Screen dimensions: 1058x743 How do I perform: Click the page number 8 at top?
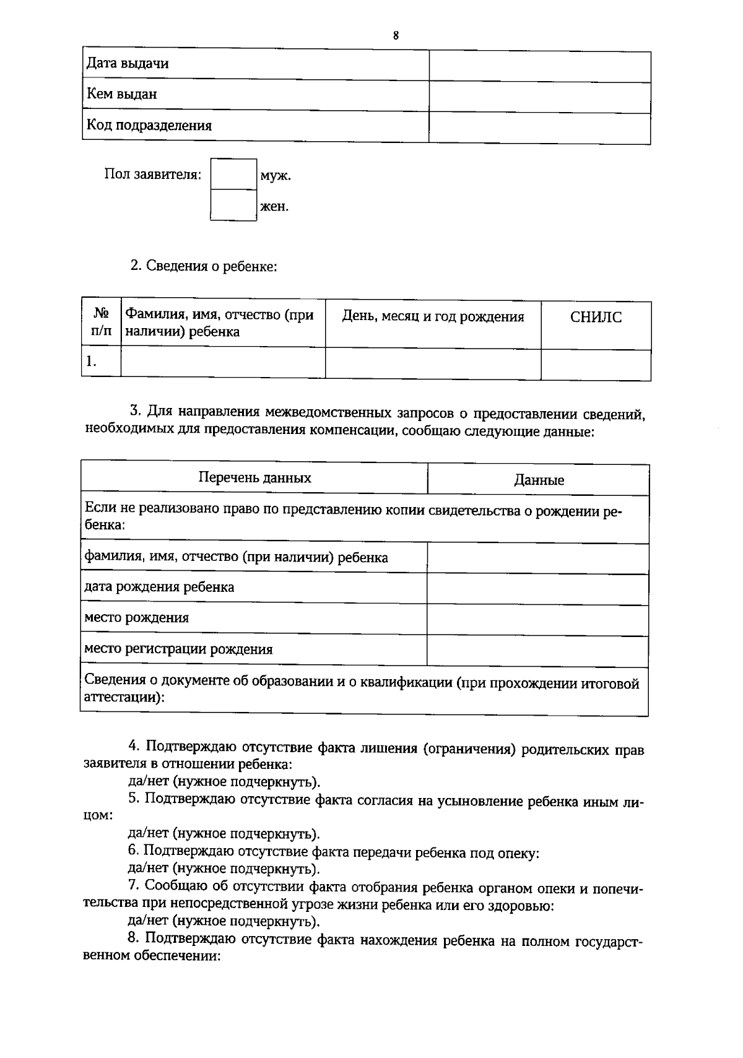[396, 35]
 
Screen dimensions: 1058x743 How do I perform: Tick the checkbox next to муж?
[233, 174]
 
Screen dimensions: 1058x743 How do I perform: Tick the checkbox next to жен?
[233, 205]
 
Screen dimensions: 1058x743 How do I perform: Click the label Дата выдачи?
[128, 64]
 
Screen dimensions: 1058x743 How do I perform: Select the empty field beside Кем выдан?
[539, 97]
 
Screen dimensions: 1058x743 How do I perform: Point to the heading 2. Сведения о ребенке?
[203, 266]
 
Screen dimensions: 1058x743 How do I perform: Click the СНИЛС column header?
[596, 318]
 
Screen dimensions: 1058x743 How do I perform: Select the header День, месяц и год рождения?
[433, 317]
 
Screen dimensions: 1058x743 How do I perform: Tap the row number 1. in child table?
[92, 362]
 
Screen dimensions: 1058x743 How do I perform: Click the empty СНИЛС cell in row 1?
[596, 364]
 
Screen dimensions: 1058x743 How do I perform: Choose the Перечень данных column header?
[254, 478]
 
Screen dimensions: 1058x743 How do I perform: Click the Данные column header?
[539, 480]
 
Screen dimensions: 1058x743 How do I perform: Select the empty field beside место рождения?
[537, 618]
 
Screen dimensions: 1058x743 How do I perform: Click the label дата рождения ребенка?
[159, 587]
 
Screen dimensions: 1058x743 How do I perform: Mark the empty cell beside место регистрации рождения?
[537, 650]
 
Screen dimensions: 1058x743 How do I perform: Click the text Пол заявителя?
[152, 175]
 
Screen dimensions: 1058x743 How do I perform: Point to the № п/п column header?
[101, 323]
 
